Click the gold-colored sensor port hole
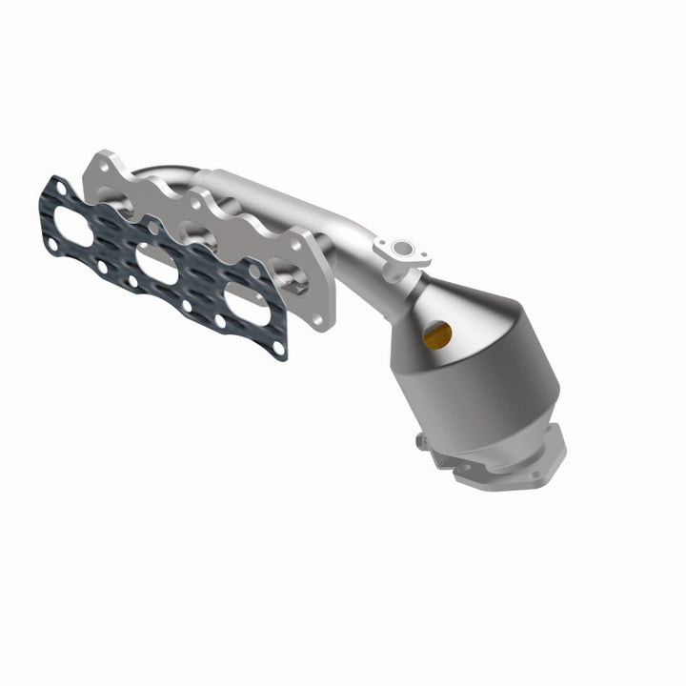[x=437, y=333]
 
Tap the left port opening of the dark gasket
[x=72, y=226]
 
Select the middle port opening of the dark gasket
[x=156, y=263]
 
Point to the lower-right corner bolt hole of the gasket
[x=278, y=350]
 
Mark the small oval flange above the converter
[x=401, y=251]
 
